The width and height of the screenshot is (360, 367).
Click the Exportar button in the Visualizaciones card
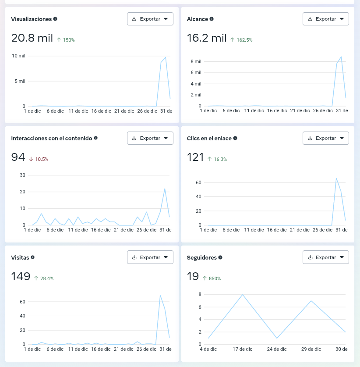point(150,19)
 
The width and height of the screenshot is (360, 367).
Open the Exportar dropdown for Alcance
point(326,19)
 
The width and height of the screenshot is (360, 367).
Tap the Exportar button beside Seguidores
point(326,257)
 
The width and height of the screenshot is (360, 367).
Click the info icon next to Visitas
point(33,257)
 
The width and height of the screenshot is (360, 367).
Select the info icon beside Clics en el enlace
point(235,138)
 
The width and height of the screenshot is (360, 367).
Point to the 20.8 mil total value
point(32,38)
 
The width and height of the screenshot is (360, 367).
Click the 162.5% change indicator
point(241,40)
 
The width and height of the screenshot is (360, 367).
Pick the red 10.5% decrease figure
point(39,159)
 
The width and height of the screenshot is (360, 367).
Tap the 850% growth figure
point(212,278)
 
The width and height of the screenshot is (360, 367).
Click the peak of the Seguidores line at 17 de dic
point(243,295)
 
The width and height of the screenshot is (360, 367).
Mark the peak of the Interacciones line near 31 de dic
point(165,189)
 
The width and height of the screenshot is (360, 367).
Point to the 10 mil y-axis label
point(18,56)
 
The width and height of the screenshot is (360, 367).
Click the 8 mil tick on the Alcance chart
point(196,61)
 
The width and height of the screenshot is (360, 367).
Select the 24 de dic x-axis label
point(277,349)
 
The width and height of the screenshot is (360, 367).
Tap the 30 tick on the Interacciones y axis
point(22,175)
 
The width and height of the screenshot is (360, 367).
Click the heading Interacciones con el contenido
point(52,138)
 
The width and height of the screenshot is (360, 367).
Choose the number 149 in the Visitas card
point(21,276)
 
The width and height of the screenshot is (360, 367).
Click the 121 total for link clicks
point(195,157)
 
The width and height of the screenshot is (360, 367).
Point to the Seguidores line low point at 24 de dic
point(277,338)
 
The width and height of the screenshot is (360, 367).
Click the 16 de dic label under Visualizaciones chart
point(101,111)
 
